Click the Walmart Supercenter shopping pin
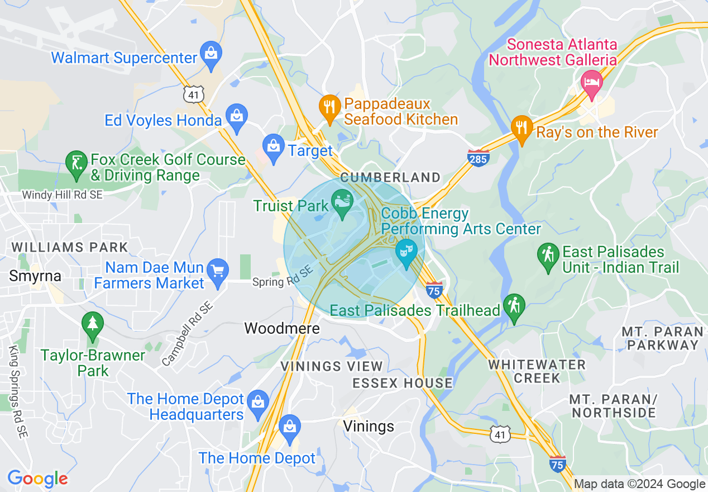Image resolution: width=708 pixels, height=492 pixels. pyautogui.click(x=211, y=54)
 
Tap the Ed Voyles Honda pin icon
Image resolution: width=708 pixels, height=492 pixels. pyautogui.click(x=237, y=117)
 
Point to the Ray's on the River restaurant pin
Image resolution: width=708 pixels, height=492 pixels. pyautogui.click(x=521, y=128)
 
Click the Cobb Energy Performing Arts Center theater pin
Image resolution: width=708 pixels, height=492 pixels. pyautogui.click(x=406, y=251)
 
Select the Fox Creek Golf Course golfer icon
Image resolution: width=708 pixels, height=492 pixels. pyautogui.click(x=76, y=163)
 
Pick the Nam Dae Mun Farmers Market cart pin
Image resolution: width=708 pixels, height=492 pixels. pyautogui.click(x=218, y=272)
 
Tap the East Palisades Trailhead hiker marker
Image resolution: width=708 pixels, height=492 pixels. pyautogui.click(x=513, y=306)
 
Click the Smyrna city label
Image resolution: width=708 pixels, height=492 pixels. pyautogui.click(x=35, y=275)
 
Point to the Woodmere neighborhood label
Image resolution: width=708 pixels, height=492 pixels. pyautogui.click(x=282, y=328)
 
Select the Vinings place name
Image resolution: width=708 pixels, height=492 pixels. pyautogui.click(x=369, y=426)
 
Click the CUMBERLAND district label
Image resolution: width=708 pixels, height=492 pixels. pyautogui.click(x=390, y=177)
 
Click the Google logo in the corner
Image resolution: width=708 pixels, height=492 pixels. pyautogui.click(x=37, y=479)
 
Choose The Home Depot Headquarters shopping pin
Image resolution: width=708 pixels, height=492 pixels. pyautogui.click(x=257, y=403)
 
